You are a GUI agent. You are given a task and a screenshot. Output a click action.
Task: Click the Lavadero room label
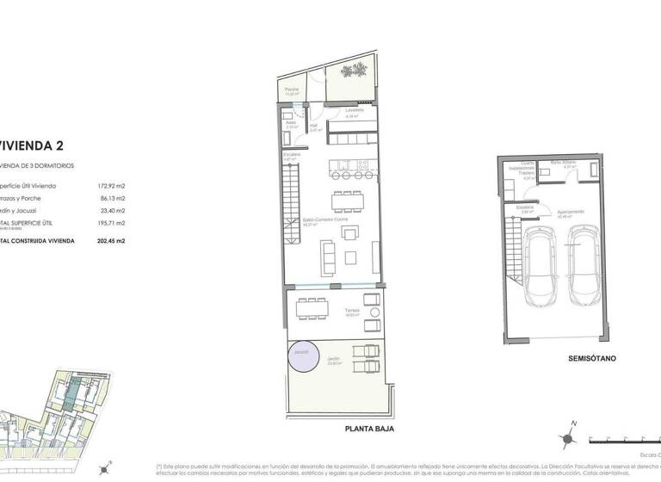(355, 110)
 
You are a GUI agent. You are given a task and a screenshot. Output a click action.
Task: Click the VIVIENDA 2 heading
(32, 145)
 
